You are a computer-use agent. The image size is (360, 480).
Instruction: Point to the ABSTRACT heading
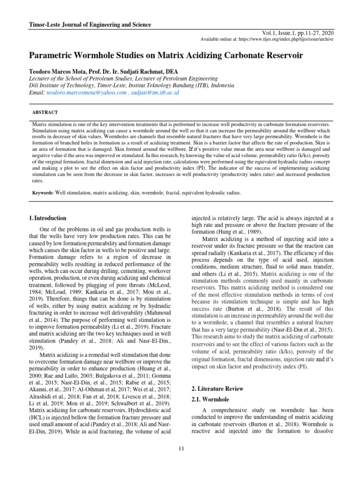[x=45, y=113]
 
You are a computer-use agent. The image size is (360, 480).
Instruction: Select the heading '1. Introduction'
[x=47, y=218]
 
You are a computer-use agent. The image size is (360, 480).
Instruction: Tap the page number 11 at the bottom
[x=180, y=450]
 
